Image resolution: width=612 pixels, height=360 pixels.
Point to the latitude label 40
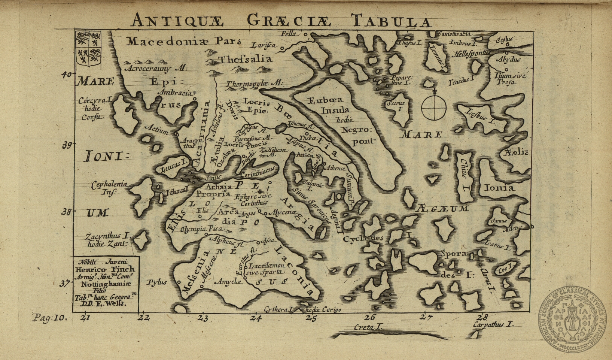(66, 75)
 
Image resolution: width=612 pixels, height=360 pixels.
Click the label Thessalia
(246, 59)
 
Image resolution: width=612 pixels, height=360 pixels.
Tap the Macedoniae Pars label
(183, 41)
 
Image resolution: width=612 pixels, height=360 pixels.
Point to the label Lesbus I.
(481, 117)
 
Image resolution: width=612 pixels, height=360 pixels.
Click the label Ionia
(499, 188)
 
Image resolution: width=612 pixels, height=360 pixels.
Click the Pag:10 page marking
(49, 318)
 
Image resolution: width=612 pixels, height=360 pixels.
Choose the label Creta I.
(369, 327)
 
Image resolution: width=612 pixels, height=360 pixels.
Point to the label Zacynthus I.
(107, 236)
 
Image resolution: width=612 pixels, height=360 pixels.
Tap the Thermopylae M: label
(255, 84)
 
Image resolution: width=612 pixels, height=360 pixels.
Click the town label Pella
(288, 34)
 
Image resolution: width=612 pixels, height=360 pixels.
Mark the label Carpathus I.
(492, 324)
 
